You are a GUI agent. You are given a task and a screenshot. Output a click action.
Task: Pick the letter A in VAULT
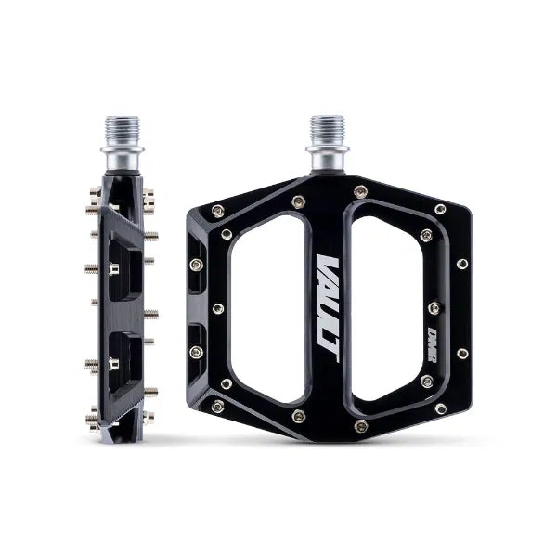[325, 284]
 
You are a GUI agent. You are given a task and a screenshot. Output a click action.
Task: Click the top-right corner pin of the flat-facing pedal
[439, 210]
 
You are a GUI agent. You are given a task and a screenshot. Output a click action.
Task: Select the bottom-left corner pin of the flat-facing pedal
[216, 406]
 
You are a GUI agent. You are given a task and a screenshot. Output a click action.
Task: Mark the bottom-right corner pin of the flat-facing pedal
[439, 408]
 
